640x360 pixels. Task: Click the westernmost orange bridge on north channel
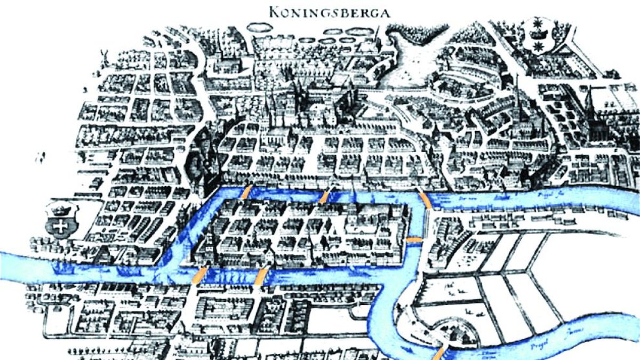click(246, 193)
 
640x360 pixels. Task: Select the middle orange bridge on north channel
click(324, 196)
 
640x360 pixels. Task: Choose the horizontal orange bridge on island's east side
click(414, 241)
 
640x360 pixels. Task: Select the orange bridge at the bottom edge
click(439, 353)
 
